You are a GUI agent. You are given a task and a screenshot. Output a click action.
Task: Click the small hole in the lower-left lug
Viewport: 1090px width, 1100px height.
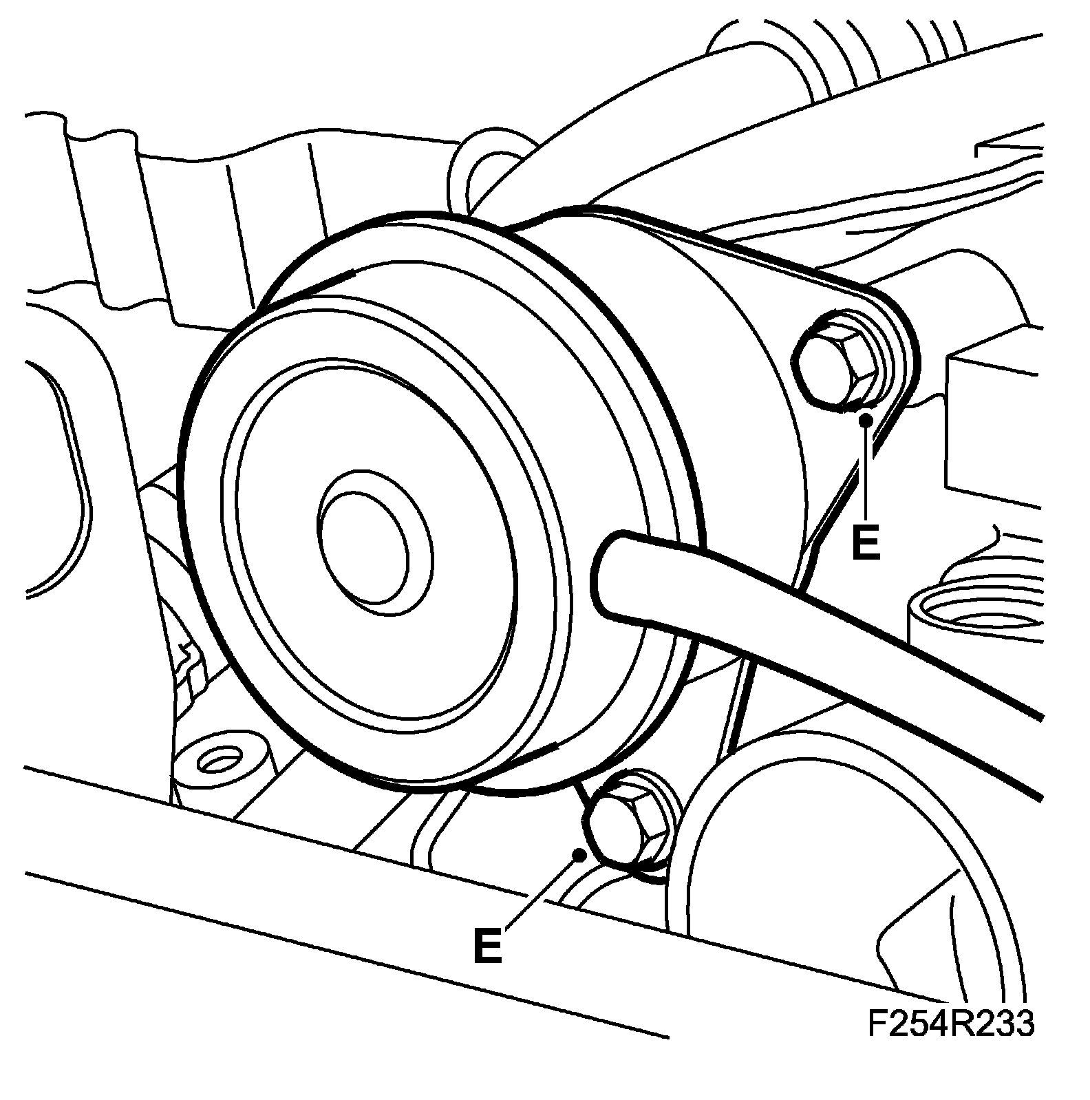(x=218, y=761)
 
